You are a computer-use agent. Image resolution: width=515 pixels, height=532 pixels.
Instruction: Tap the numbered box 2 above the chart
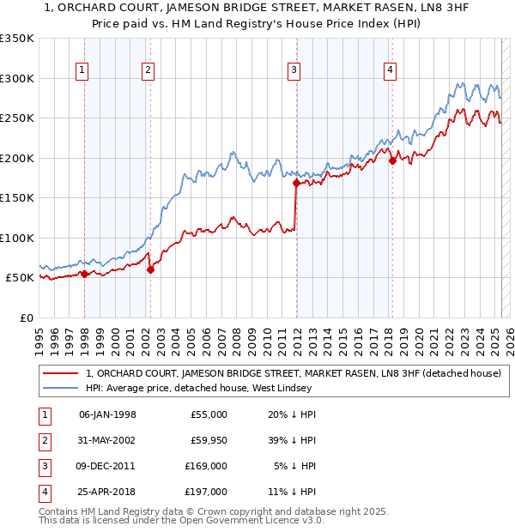coord(148,71)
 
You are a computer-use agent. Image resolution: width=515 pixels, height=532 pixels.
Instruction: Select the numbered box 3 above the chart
coord(294,71)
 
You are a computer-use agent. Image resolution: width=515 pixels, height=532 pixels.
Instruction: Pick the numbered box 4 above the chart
coord(390,71)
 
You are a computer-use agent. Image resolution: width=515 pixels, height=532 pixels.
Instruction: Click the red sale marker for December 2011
coord(296,183)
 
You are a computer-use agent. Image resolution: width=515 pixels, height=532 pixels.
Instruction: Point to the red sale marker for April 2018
coord(392,160)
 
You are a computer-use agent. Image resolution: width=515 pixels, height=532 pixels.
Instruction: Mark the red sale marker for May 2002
coord(150,269)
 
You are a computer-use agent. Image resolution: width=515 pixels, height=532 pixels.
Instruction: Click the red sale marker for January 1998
coord(84,274)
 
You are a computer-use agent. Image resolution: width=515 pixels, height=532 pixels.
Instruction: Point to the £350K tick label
coord(17,39)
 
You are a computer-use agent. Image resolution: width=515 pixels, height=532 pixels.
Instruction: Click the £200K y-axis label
coord(17,158)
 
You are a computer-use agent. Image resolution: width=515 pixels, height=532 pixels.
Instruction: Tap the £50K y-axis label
coord(21,278)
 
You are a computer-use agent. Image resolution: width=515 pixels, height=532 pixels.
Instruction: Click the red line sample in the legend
coord(62,372)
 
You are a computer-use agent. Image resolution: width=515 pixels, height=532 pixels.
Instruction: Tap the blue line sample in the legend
coord(62,388)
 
